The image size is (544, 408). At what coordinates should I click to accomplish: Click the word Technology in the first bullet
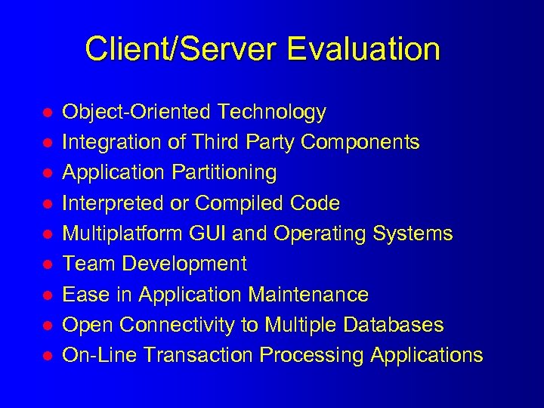[271, 113]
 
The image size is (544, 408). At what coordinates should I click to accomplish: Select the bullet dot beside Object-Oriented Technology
[46, 113]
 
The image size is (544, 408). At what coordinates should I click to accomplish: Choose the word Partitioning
[224, 173]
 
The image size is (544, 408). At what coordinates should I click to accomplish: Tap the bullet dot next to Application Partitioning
[46, 173]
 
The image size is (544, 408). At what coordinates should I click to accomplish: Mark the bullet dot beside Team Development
[46, 264]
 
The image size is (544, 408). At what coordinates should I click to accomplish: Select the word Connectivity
[172, 325]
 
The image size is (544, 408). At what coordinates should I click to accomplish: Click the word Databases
[393, 325]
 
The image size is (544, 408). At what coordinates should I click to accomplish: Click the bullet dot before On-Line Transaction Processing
[46, 355]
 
